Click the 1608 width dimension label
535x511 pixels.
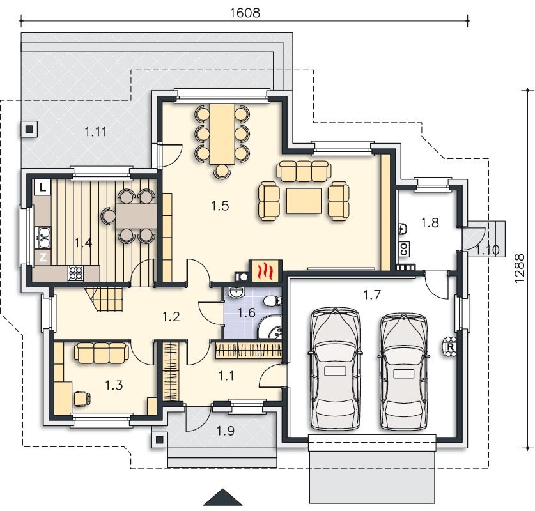(245, 13)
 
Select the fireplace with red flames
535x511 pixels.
(265, 271)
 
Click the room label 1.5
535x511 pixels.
(220, 206)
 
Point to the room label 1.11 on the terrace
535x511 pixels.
(96, 131)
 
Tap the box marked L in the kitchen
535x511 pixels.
(42, 187)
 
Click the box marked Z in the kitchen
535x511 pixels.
(43, 257)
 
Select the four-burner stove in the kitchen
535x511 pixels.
(76, 273)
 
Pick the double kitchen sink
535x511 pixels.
(43, 238)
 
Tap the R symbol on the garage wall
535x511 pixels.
(451, 347)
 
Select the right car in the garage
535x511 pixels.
(403, 371)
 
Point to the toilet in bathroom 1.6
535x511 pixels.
(273, 301)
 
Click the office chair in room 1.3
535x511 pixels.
(82, 398)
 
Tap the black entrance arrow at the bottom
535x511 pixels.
(223, 498)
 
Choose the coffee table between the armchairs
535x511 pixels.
(304, 201)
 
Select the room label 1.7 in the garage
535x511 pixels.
(371, 294)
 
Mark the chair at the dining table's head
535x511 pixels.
(222, 171)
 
